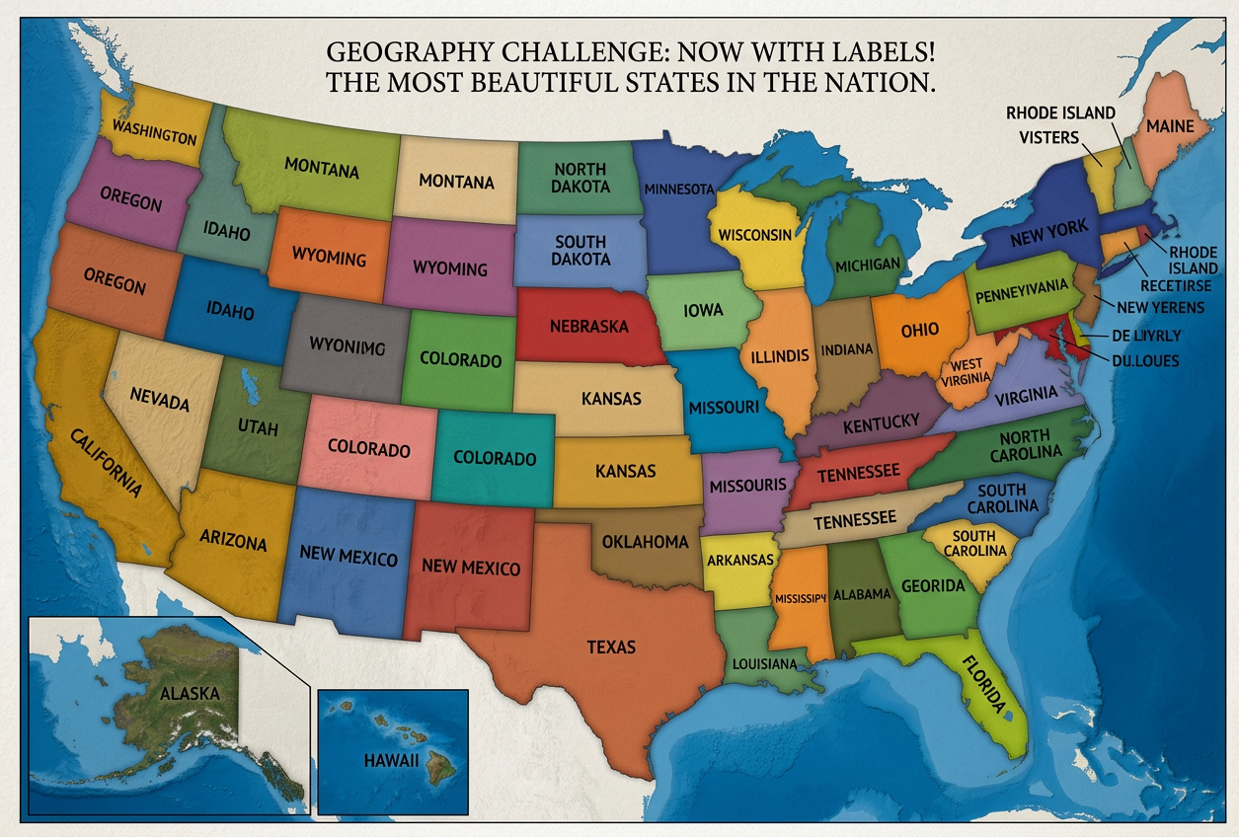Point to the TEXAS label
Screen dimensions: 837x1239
611,647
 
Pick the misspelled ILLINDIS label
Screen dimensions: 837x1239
780,355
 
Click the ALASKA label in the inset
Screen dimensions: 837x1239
189,694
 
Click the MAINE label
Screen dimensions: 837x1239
1169,126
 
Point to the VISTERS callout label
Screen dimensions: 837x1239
1048,138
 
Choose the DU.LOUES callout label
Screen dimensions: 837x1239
1145,361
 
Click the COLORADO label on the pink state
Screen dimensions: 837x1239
368,449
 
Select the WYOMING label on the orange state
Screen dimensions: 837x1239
329,259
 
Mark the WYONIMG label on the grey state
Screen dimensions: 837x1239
347,345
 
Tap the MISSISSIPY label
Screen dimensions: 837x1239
800,598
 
